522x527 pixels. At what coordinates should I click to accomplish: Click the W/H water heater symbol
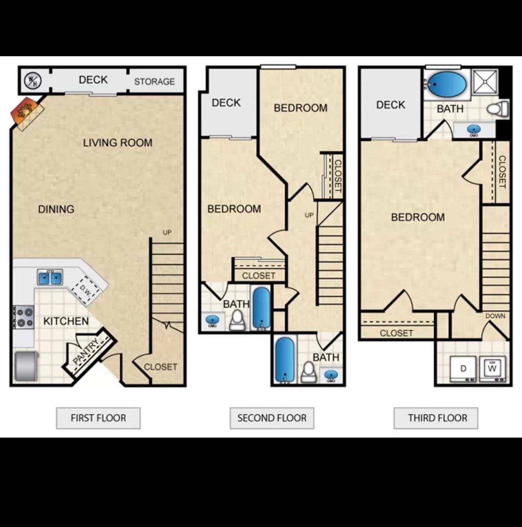click(32, 80)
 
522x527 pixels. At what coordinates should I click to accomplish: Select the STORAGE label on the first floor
click(155, 82)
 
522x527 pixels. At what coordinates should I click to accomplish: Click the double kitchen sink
click(50, 277)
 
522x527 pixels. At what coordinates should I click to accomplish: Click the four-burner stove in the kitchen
click(23, 317)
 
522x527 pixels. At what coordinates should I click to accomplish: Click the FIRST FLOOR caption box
click(98, 418)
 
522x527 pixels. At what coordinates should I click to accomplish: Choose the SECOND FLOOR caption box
click(272, 418)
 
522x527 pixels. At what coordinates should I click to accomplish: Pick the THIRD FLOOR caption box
click(436, 418)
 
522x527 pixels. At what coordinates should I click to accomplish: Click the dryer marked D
click(463, 368)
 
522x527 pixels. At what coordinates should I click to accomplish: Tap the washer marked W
click(492, 368)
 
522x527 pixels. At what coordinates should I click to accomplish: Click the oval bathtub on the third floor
click(446, 84)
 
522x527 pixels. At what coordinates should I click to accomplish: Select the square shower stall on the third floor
click(486, 82)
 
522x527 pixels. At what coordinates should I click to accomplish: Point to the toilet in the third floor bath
click(498, 109)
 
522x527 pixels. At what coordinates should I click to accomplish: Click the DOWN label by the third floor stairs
click(495, 316)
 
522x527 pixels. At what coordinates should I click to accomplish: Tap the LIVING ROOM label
click(118, 143)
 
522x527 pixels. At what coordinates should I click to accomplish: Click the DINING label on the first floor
click(56, 209)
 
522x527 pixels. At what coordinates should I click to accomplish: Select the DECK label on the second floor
click(226, 103)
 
